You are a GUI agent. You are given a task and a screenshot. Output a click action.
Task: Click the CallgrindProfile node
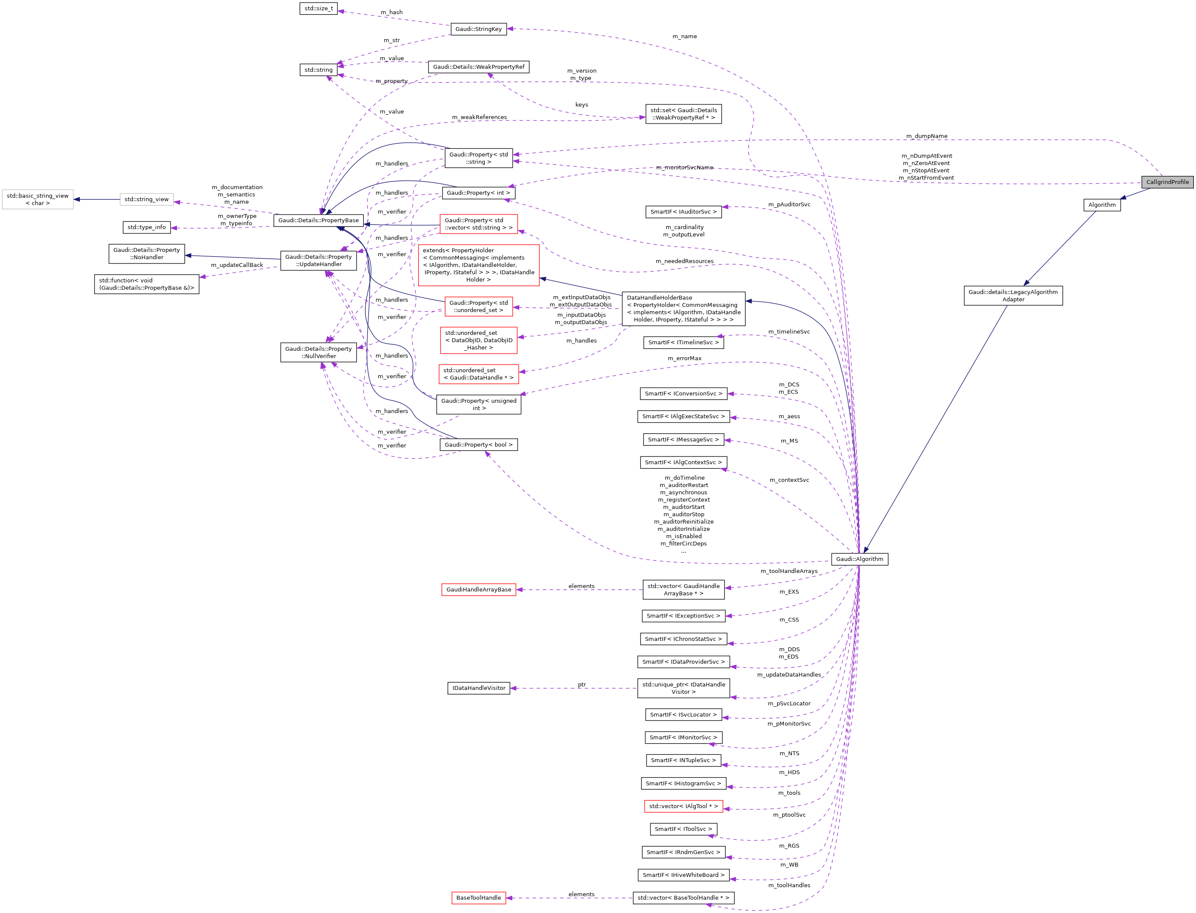[1167, 182]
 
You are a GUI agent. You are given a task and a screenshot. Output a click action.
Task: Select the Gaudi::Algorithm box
[859, 559]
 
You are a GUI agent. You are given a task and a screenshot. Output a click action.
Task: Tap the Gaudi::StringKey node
[478, 29]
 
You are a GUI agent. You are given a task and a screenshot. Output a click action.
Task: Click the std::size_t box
[318, 9]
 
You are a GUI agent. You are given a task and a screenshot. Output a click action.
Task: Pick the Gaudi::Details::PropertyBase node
[318, 220]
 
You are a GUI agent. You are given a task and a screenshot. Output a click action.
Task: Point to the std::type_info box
[147, 227]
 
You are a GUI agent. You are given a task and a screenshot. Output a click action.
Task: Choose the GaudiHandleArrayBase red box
[478, 590]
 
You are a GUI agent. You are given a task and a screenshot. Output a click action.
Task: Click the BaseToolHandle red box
[478, 898]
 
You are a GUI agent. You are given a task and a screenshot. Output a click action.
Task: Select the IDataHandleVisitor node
[478, 688]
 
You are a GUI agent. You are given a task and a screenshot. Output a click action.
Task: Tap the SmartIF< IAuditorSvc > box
[683, 212]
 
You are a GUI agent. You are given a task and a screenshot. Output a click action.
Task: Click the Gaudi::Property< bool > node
[478, 444]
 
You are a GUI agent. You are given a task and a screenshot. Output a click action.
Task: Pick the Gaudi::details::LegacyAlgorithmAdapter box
[1013, 296]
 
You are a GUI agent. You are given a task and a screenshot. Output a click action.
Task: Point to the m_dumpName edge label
[927, 136]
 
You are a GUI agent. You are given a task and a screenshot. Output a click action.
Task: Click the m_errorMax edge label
[684, 358]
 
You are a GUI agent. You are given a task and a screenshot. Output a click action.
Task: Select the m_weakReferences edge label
[479, 117]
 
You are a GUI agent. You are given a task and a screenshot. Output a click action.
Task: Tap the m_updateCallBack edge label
[236, 265]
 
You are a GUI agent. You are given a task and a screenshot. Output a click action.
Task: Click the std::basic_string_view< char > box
[37, 199]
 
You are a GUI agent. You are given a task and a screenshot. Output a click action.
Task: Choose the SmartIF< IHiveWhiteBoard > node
[683, 875]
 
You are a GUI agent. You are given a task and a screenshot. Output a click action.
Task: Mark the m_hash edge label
[391, 12]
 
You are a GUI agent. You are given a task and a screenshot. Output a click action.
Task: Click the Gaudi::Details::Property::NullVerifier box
[318, 352]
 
